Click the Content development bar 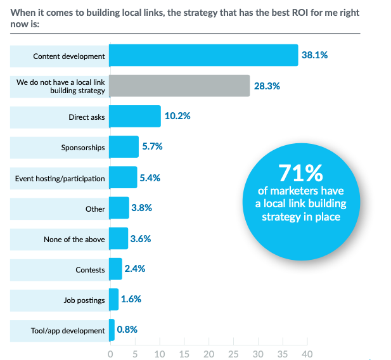203,56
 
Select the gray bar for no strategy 179,86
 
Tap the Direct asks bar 134,117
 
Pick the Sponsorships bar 124,147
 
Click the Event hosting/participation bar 123,178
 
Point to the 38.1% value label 314,55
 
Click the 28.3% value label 267,86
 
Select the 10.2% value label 177,116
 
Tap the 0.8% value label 127,329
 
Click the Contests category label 90,269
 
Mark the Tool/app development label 68,330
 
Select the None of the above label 74,239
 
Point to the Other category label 95,209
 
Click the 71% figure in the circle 301,173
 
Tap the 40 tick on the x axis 307,353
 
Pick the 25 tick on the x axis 233,353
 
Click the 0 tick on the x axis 110,353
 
